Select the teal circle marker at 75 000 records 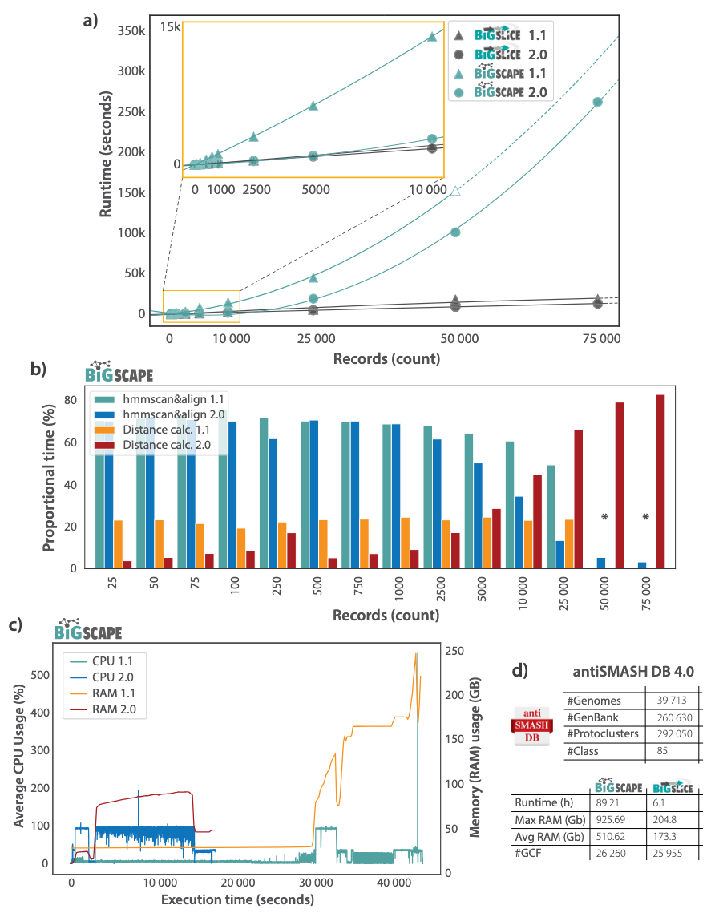tap(597, 102)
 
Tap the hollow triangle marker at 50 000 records tap(455, 191)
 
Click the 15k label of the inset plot tap(170, 27)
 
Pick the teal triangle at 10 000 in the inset tap(432, 36)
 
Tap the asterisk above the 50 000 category tap(605, 518)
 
